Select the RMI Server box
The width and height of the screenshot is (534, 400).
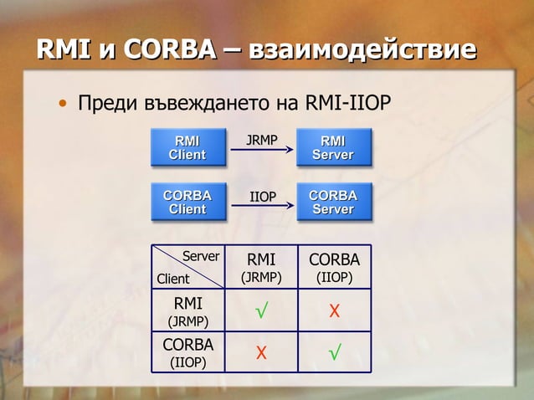(x=333, y=147)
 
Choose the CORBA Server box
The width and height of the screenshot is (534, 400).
(x=333, y=202)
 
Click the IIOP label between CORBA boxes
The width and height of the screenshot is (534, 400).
(x=263, y=197)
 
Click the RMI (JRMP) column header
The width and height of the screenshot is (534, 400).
(x=261, y=267)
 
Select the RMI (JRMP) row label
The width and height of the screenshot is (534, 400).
(x=187, y=310)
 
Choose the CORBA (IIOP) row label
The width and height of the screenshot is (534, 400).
(x=187, y=352)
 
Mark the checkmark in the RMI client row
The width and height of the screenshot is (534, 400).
(x=261, y=312)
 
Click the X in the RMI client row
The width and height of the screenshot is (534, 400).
(x=335, y=312)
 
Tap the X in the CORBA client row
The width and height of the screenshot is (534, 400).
(x=261, y=353)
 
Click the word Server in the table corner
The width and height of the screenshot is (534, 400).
(x=201, y=256)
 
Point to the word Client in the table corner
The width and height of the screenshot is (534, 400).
(x=173, y=279)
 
